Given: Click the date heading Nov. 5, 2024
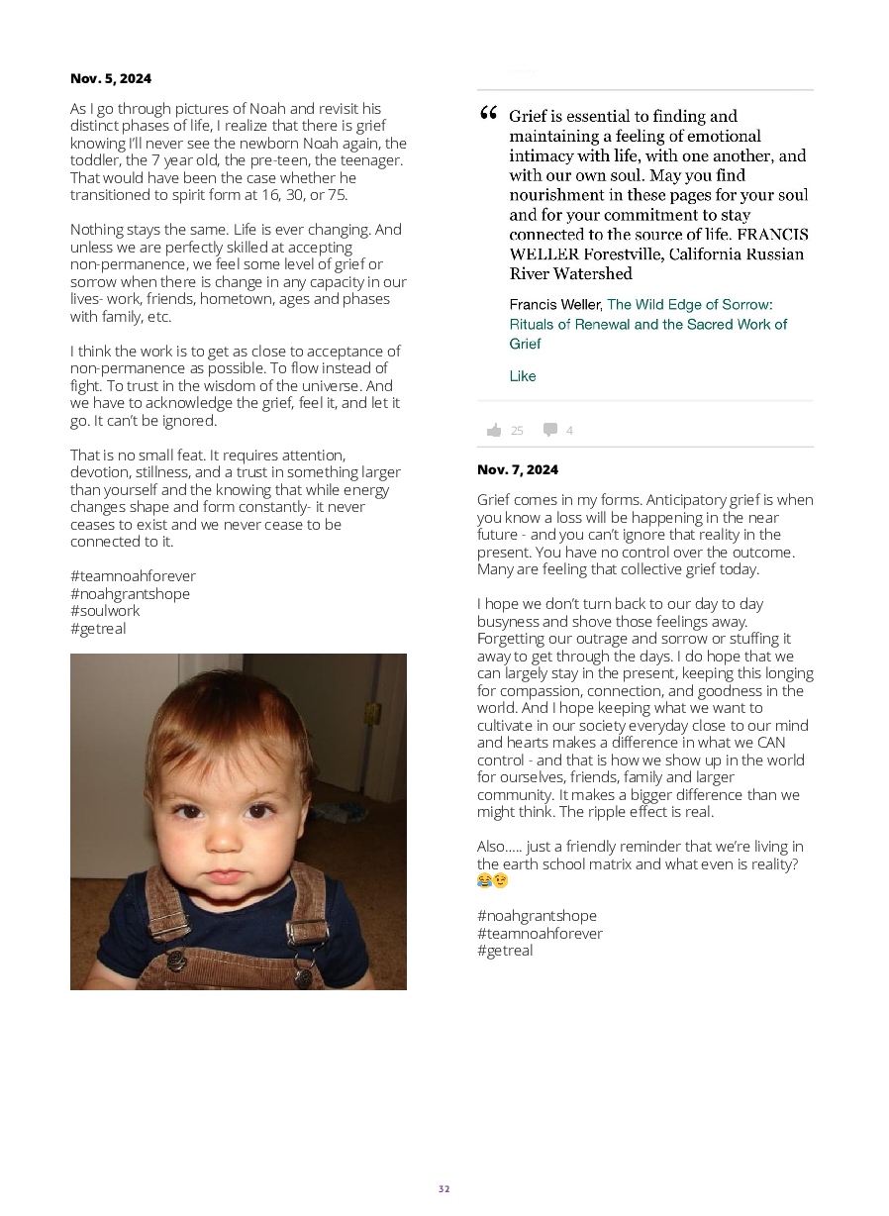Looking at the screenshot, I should click(111, 78).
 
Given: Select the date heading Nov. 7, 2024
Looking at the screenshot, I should click(518, 469).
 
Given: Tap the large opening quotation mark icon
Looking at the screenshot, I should click(488, 115).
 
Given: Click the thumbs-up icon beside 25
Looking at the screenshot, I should click(494, 430).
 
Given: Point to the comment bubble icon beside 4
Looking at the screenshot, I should click(550, 430).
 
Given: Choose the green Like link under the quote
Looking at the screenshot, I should click(523, 376).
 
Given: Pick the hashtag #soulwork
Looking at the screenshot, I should click(105, 611).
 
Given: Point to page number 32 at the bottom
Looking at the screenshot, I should click(444, 1189).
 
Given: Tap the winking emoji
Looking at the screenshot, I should click(502, 880).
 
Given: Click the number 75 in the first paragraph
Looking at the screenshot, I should click(338, 195).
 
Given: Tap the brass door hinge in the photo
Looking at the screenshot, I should click(372, 712).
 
